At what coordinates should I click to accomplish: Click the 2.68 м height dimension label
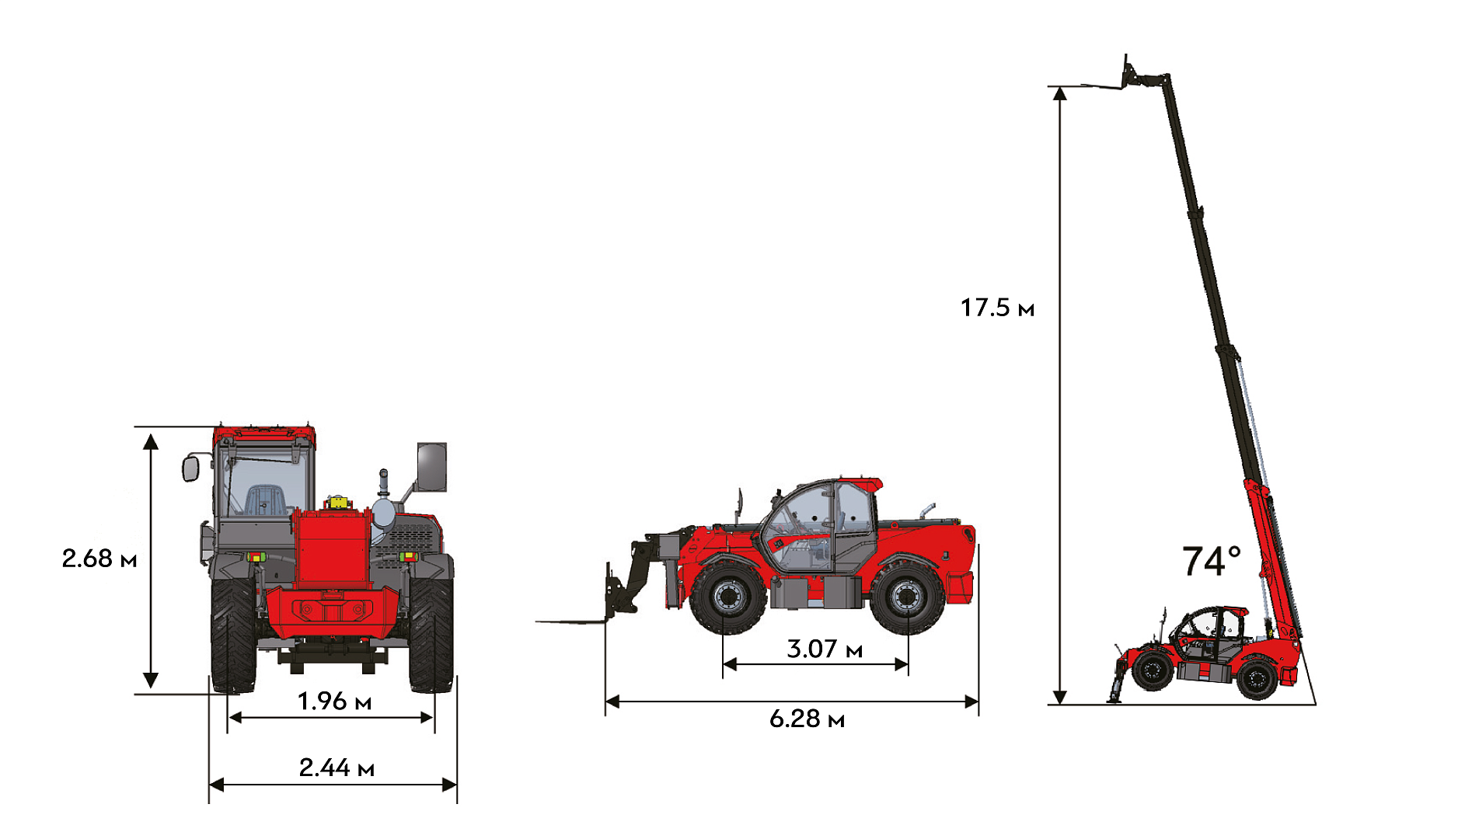click(x=99, y=559)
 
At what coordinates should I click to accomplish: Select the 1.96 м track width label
click(x=335, y=701)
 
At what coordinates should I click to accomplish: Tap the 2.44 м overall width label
click(x=337, y=768)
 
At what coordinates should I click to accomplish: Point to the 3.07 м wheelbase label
click(x=825, y=649)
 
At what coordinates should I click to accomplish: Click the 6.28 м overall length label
click(x=807, y=719)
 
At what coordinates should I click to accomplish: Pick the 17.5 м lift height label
click(x=997, y=308)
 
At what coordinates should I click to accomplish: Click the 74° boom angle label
click(x=1211, y=561)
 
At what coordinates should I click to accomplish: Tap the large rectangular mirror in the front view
click(x=432, y=467)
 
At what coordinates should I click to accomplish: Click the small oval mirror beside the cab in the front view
click(x=191, y=468)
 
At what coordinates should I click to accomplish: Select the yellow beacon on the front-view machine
click(x=338, y=502)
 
